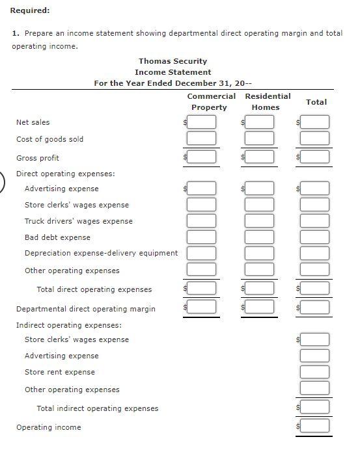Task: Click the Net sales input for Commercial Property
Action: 201,122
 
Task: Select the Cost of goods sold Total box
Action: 315,139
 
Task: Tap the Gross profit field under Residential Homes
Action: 260,157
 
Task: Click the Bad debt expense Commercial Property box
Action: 201,237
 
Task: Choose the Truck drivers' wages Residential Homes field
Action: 260,221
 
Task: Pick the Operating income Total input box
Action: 315,427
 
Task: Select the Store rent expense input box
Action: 315,372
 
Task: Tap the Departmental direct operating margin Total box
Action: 315,308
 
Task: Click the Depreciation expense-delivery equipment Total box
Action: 315,253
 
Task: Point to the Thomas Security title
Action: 173,61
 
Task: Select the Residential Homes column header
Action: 267,101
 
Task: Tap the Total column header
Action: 316,102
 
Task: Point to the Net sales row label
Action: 33,122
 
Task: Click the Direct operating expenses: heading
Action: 65,174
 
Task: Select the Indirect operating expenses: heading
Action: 68,324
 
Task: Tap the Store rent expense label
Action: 59,372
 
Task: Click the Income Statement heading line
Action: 173,72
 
